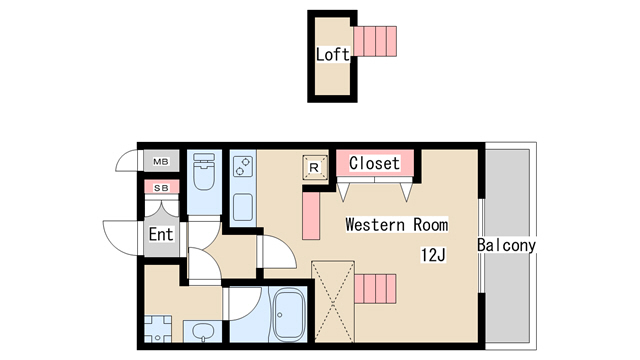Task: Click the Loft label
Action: (x=333, y=54)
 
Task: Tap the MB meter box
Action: (x=161, y=161)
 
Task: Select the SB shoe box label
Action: (x=161, y=188)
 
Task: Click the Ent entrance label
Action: (x=161, y=234)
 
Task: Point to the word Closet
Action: (x=374, y=163)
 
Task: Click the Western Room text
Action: (x=397, y=224)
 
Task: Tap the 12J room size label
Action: (x=433, y=255)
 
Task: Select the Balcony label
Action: (x=506, y=245)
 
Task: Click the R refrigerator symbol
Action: (x=314, y=167)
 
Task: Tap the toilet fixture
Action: (x=204, y=171)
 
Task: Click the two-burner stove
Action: (x=242, y=167)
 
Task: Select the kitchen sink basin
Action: (x=242, y=207)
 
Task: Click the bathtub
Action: (x=289, y=314)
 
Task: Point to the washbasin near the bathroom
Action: (x=204, y=331)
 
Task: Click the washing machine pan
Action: (x=158, y=329)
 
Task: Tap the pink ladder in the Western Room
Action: (x=375, y=289)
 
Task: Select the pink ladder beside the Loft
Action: (x=375, y=41)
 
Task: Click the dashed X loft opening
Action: (x=333, y=302)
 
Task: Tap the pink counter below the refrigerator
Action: (x=311, y=216)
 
